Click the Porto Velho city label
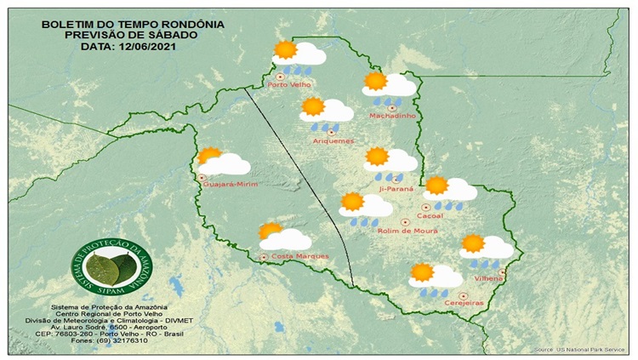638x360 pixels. click(x=289, y=85)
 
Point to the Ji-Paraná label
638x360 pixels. click(x=395, y=190)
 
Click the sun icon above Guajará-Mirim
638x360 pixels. click(x=209, y=157)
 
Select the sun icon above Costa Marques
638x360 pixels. click(x=271, y=231)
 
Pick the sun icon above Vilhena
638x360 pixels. click(x=473, y=243)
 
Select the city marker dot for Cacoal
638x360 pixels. click(x=426, y=207)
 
